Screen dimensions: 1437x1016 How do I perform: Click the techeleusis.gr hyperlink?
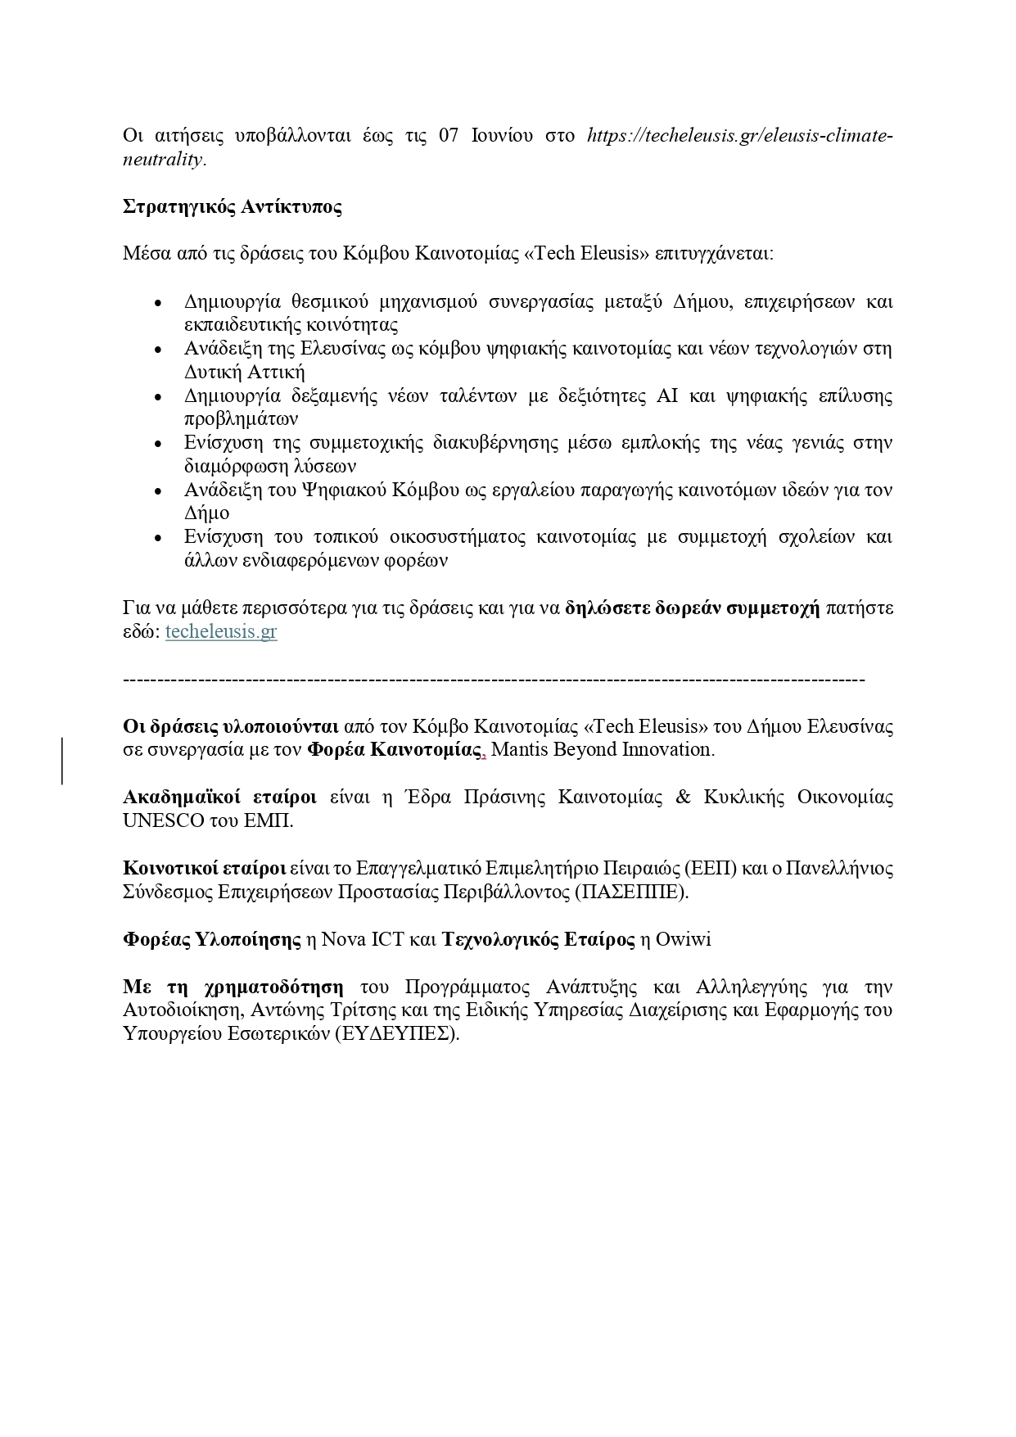point(221,632)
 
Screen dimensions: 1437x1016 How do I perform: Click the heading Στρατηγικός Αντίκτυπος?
point(233,206)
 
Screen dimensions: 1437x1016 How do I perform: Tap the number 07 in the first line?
point(449,136)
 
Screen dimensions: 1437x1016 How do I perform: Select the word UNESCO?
point(163,820)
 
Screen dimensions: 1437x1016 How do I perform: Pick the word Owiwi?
point(683,939)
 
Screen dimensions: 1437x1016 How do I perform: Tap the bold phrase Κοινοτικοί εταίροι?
point(204,868)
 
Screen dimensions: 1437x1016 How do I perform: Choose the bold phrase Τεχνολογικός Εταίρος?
point(538,939)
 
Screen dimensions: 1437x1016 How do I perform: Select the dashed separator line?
point(493,680)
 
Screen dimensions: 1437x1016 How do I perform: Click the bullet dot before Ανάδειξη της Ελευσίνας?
point(159,350)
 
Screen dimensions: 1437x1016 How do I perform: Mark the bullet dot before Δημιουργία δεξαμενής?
point(159,397)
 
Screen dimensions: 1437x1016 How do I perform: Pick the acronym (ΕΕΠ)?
point(711,868)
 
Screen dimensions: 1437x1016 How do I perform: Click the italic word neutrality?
point(162,159)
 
